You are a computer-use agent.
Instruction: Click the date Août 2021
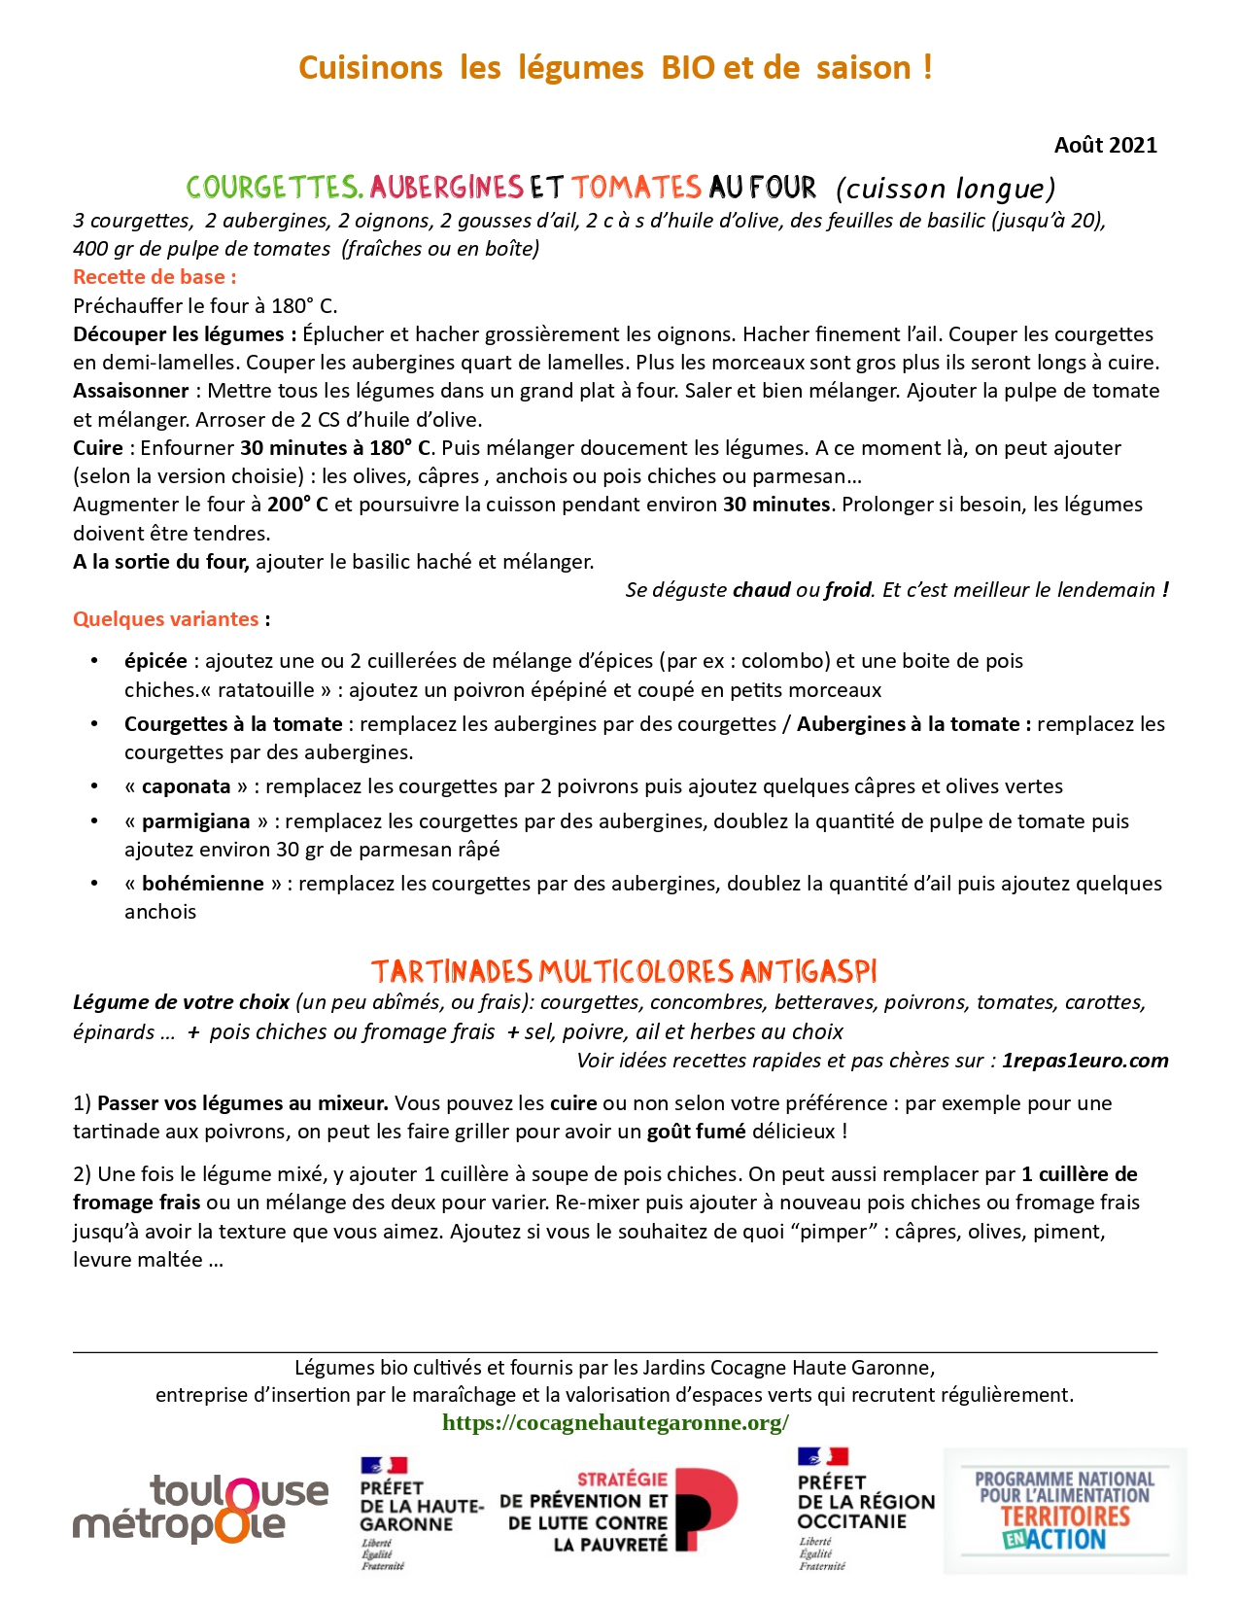tap(1105, 145)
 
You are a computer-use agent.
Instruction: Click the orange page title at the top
tap(615, 67)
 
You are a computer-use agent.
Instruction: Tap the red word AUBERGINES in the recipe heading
tap(446, 187)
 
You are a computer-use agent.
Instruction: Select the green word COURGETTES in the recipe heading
tap(275, 187)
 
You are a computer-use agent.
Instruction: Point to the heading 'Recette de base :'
tap(155, 276)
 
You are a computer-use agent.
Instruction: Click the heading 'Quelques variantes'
tap(166, 618)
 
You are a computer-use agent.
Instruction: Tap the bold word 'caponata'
tap(186, 785)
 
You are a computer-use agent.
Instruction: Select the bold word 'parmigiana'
tap(195, 820)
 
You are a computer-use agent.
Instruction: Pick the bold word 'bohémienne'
tap(202, 883)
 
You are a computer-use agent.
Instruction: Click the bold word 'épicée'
tap(155, 660)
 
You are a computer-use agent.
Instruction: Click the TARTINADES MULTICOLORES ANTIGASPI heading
tap(624, 971)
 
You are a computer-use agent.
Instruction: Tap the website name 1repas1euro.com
tap(1084, 1060)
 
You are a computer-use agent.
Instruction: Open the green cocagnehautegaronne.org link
tap(615, 1422)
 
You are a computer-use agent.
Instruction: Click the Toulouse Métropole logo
tap(201, 1508)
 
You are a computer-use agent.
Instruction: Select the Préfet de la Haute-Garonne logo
tap(418, 1512)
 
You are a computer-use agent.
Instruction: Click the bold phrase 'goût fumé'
tap(696, 1131)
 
